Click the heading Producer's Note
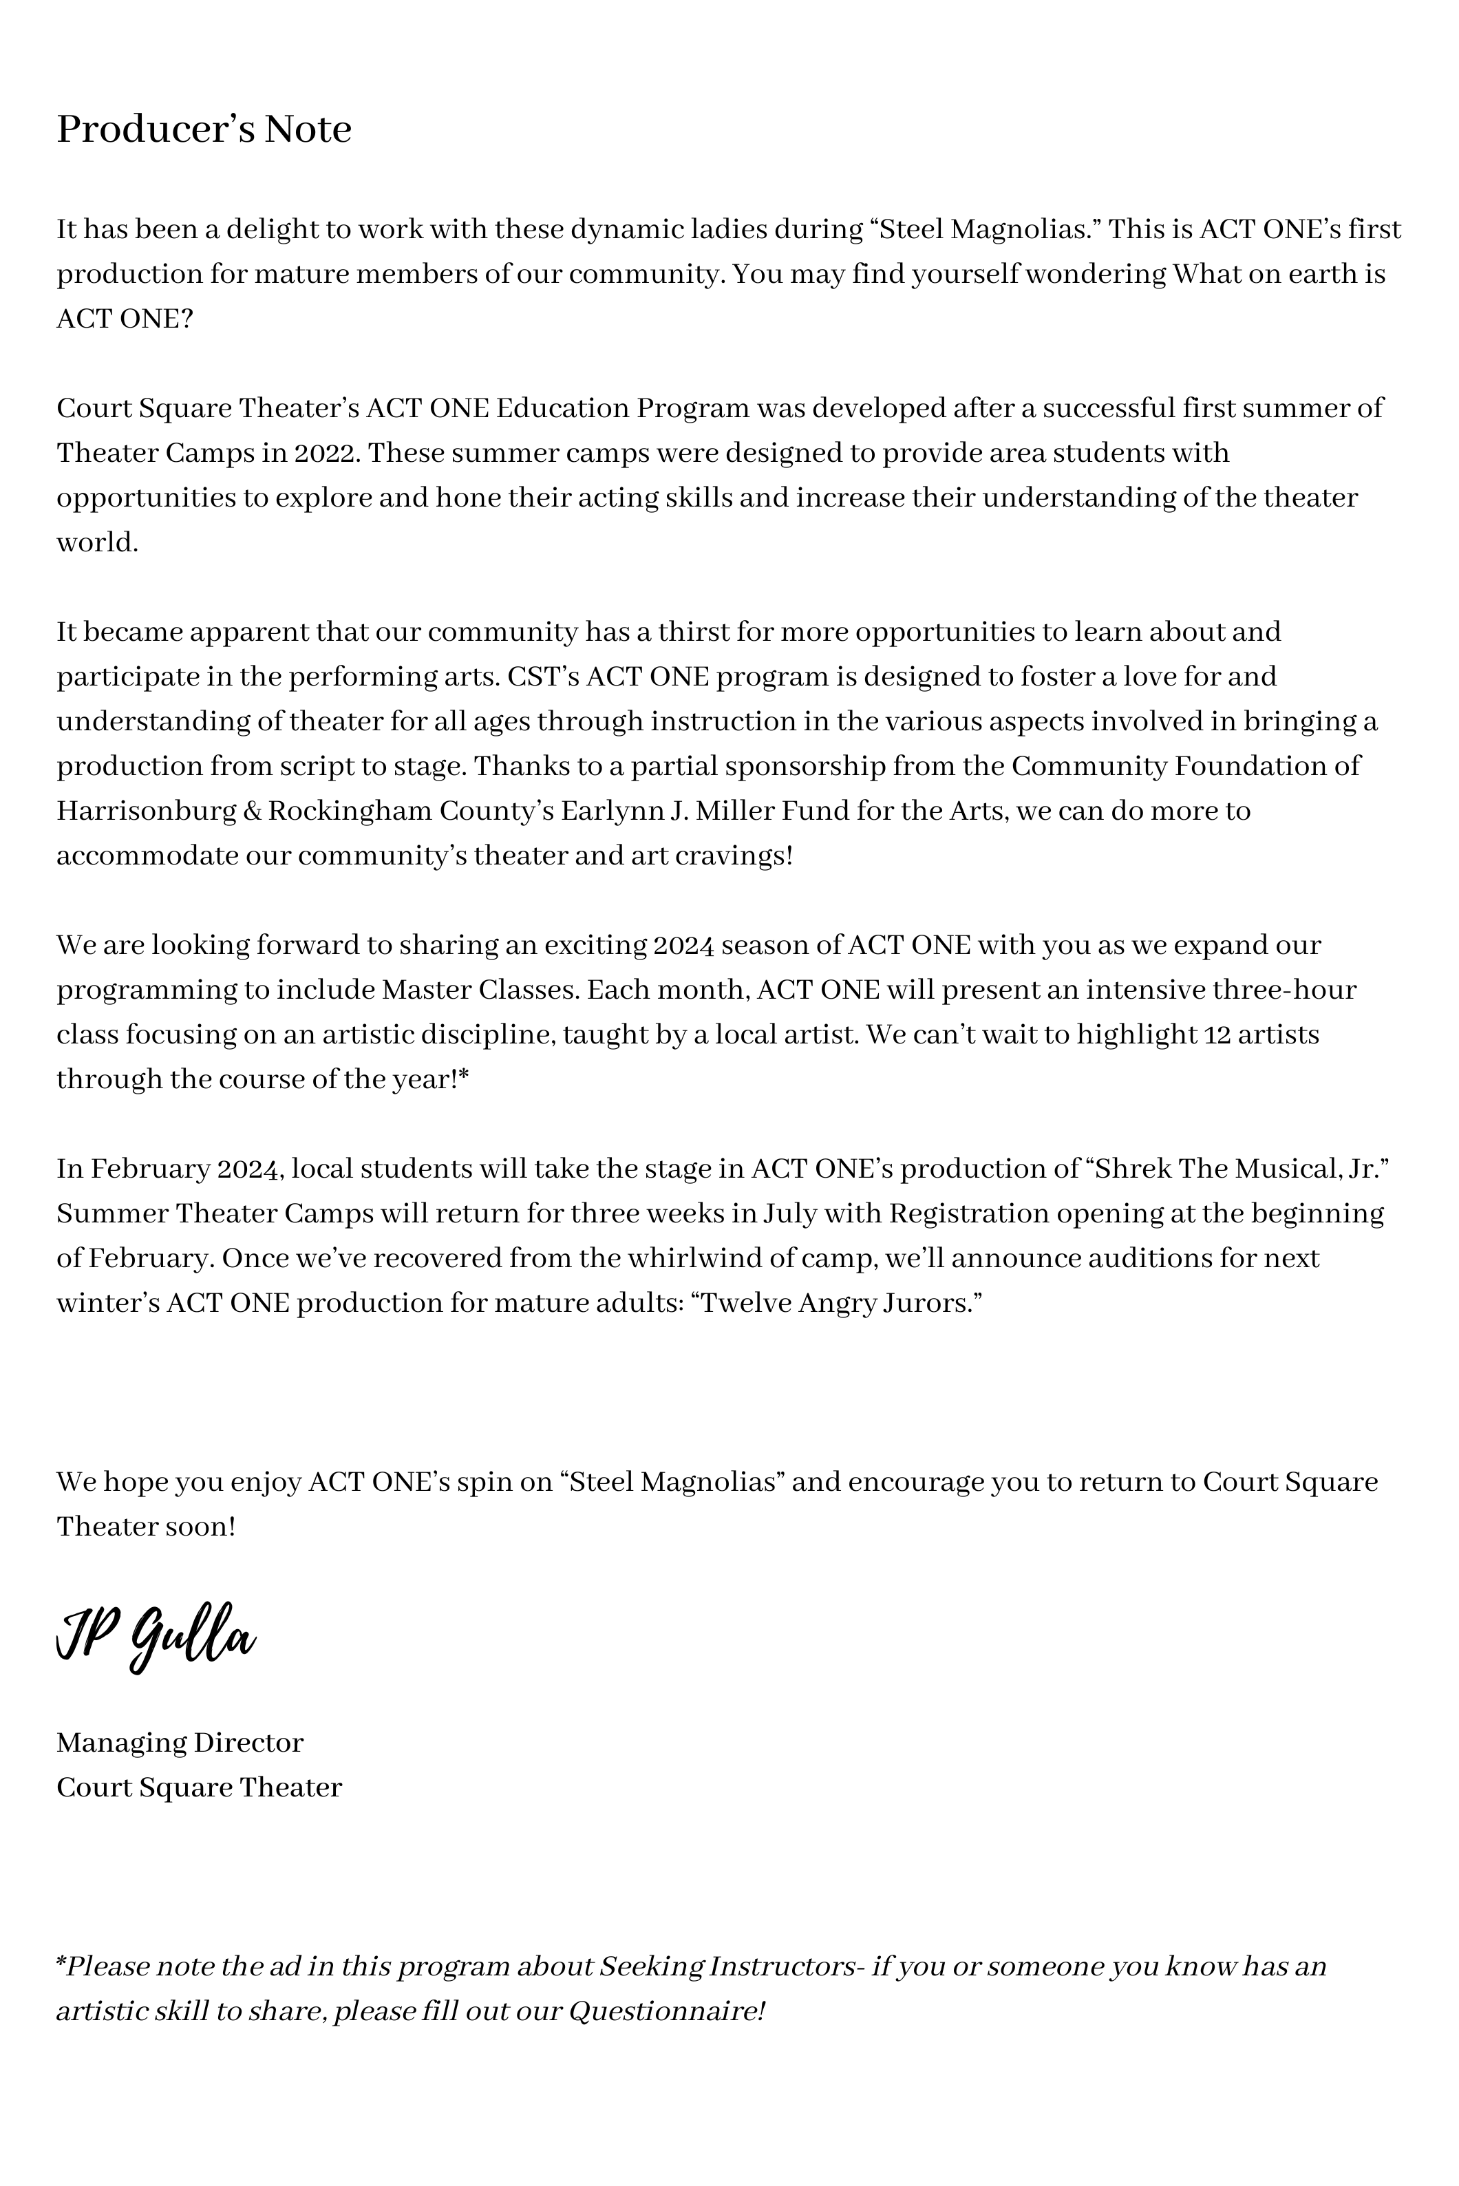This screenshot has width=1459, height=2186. (x=204, y=129)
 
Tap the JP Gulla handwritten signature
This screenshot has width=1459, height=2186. (x=156, y=1636)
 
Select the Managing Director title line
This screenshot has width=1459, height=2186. (x=180, y=1742)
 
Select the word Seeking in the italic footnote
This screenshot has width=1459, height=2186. (x=650, y=1966)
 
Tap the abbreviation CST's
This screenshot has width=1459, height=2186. (x=542, y=677)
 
